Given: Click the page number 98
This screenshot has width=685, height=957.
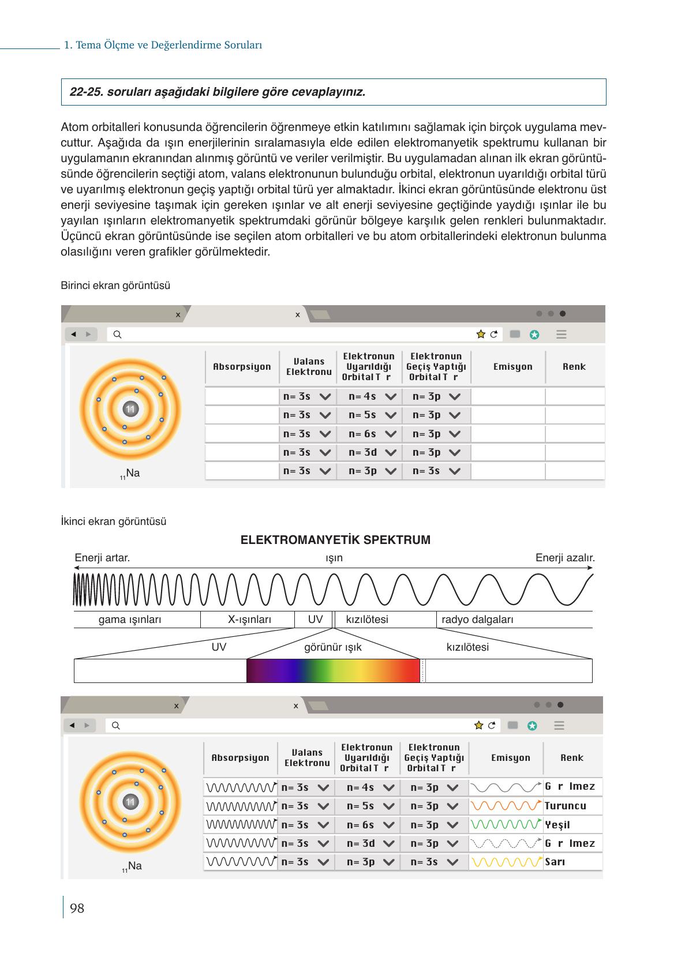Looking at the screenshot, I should click(x=77, y=909).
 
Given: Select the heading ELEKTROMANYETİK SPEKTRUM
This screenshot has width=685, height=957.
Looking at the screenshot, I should click(x=335, y=540).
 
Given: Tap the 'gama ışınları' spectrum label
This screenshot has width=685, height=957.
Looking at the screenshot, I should click(x=130, y=620).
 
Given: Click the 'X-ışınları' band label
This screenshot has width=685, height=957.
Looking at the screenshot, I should click(x=249, y=620).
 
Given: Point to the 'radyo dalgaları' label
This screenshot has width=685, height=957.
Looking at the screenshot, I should click(x=477, y=620).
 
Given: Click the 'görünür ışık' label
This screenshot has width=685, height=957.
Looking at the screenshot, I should click(x=333, y=647).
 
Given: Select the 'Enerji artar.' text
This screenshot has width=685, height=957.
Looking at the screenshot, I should click(x=102, y=558).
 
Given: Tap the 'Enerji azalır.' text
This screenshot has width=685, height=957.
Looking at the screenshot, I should click(x=565, y=558).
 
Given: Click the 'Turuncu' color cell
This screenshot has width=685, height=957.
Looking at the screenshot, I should click(x=565, y=806).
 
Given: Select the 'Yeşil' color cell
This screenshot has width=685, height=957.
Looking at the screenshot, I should click(x=557, y=825).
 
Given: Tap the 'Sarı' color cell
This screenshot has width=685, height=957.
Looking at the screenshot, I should click(x=555, y=862).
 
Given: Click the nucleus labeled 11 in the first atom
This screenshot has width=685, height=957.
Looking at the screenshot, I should click(x=130, y=409).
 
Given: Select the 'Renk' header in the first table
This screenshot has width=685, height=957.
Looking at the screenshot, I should click(x=574, y=367).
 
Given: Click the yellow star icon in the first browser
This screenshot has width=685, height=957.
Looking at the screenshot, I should click(x=481, y=335).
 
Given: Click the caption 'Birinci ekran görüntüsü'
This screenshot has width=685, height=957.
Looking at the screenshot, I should click(x=115, y=286).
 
